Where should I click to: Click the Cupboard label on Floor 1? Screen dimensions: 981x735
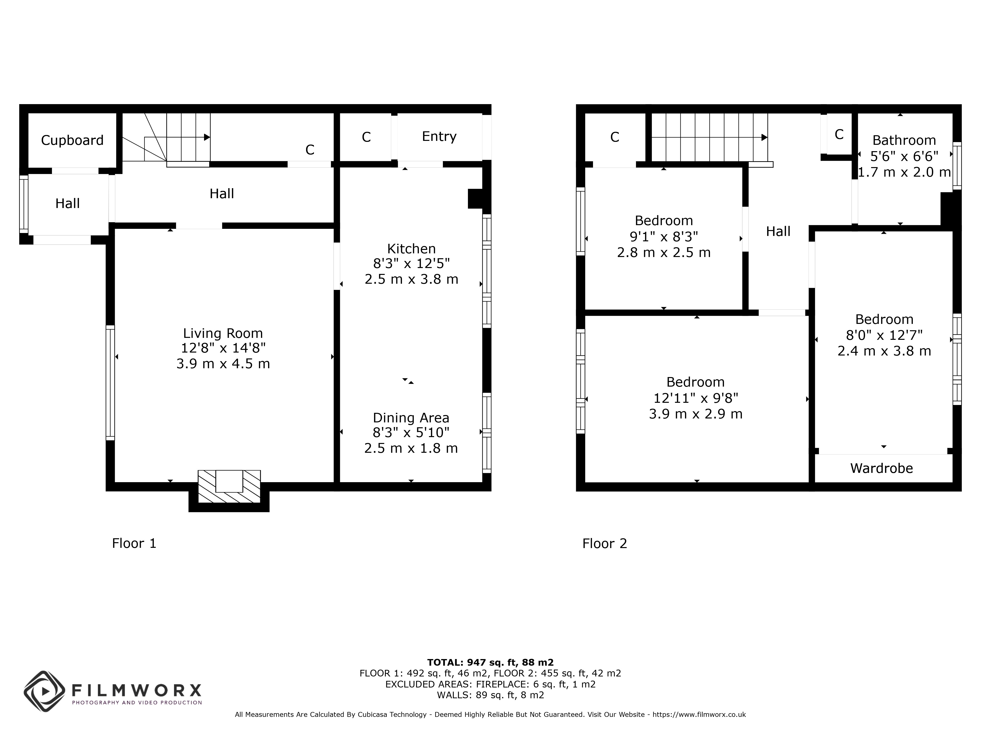[x=72, y=140]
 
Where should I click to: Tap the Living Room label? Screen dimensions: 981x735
[x=223, y=333]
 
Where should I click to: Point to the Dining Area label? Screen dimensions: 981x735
[x=411, y=418]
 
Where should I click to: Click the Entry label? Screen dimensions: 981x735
[x=439, y=136]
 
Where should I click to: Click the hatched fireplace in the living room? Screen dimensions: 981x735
[x=229, y=487]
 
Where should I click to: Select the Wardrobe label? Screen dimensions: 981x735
[x=882, y=468]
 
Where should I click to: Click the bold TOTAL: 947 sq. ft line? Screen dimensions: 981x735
[x=490, y=662]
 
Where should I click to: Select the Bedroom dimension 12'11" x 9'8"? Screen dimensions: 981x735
[x=696, y=398]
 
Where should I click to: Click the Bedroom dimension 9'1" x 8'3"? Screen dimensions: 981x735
[x=664, y=237]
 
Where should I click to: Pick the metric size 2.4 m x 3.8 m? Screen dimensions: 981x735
[x=884, y=351]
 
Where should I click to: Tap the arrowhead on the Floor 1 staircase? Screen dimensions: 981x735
[x=207, y=137]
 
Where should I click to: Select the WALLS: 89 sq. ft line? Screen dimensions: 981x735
[x=490, y=695]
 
